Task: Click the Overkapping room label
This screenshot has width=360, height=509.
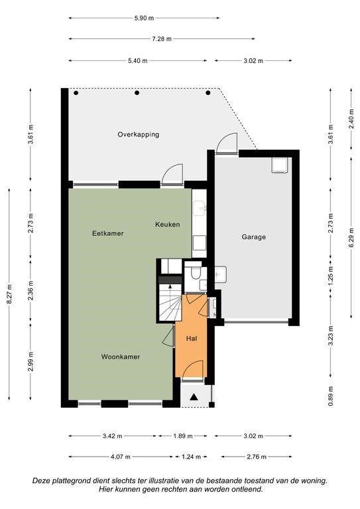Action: (x=139, y=135)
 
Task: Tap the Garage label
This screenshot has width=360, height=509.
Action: (x=253, y=237)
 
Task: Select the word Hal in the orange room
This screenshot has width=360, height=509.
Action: (x=192, y=339)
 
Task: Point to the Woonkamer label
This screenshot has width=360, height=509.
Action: (x=121, y=357)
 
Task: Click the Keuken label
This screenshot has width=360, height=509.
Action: (x=167, y=224)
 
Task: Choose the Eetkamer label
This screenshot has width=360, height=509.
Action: (x=108, y=233)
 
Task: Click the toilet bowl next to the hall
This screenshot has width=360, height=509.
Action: (x=196, y=274)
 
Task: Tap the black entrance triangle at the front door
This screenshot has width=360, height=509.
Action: (x=194, y=397)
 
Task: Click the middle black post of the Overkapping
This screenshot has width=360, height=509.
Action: (x=137, y=93)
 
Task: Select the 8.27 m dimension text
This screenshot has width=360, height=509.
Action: (x=10, y=294)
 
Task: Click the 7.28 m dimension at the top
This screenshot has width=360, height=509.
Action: (x=162, y=39)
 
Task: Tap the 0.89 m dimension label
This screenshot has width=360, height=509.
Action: (x=330, y=396)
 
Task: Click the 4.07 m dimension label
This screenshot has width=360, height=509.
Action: (x=121, y=457)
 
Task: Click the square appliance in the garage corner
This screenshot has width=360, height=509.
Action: (x=280, y=166)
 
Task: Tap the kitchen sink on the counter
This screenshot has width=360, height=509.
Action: (x=200, y=209)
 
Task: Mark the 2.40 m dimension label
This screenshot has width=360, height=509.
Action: (x=351, y=119)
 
